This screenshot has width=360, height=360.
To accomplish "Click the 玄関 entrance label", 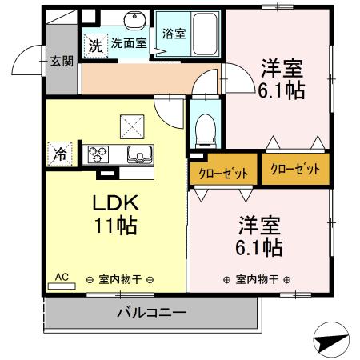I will tap(61, 61).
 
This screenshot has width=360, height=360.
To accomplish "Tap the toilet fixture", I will tap(205, 126).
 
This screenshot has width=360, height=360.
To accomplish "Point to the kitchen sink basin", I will tap(142, 154).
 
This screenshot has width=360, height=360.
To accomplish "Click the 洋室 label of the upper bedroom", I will tap(279, 68).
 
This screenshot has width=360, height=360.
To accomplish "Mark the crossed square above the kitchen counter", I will tap(130, 125).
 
